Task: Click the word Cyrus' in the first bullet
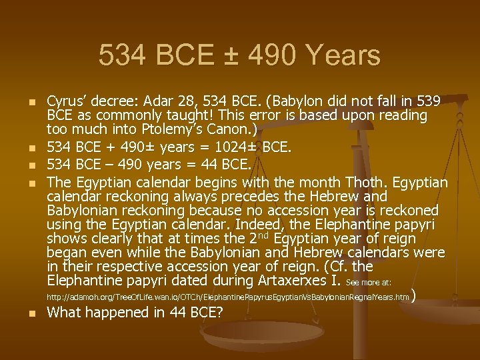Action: pyautogui.click(x=65, y=101)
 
